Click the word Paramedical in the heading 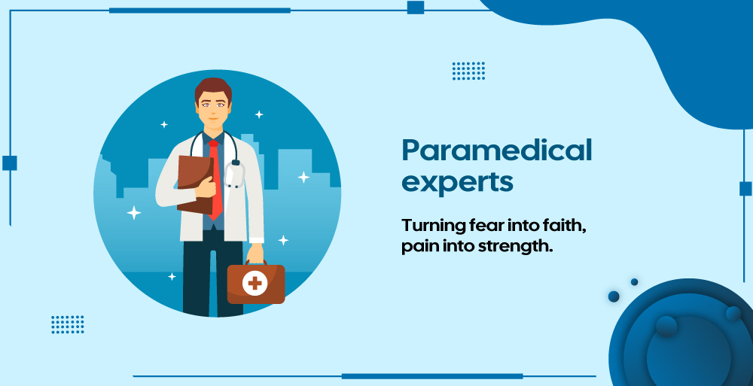coord(496,150)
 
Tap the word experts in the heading coord(457,182)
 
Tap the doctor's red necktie coord(215,178)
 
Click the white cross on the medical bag coord(255,283)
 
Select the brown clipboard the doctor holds coord(194,184)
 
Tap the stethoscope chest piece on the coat coord(234,175)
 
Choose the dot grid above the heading coord(468,71)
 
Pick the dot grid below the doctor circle coord(68,324)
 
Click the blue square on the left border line coord(10,163)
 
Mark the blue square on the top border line coord(416,8)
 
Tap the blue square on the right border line coord(745,188)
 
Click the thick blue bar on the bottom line coord(432,376)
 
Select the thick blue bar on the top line coord(200,10)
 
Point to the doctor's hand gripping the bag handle coord(255,253)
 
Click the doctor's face coord(213,108)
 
